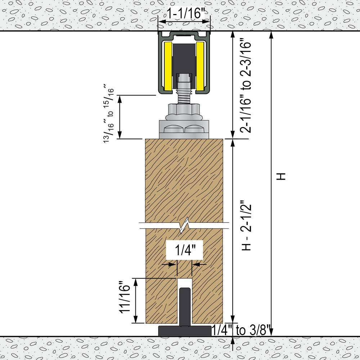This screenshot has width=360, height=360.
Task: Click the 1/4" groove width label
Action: tap(184, 250)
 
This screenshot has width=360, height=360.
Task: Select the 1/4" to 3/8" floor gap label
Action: tap(241, 330)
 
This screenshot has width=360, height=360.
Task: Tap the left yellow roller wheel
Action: tap(168, 66)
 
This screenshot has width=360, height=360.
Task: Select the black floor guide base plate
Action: tap(184, 330)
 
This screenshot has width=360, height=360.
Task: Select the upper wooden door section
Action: tap(184, 180)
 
